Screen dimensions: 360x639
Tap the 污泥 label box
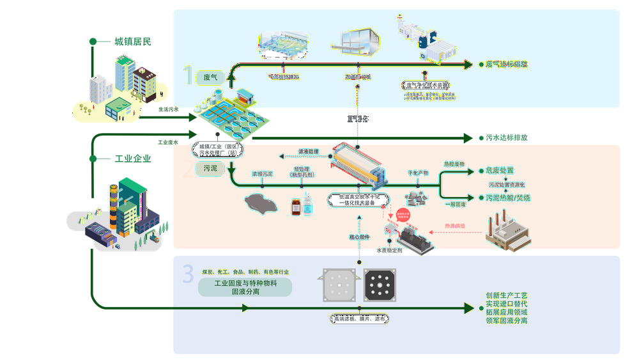[210, 168]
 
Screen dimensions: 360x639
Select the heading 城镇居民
[133, 42]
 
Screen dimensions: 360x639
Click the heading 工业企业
[133, 159]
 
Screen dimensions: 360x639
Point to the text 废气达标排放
[507, 65]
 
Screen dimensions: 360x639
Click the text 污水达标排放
[507, 137]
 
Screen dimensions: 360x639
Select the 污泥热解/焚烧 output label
[508, 198]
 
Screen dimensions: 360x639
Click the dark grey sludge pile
[262, 203]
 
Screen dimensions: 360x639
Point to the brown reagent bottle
[296, 207]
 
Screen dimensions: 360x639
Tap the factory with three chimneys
[507, 233]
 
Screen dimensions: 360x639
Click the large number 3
[187, 274]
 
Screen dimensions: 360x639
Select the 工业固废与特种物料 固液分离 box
[245, 286]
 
